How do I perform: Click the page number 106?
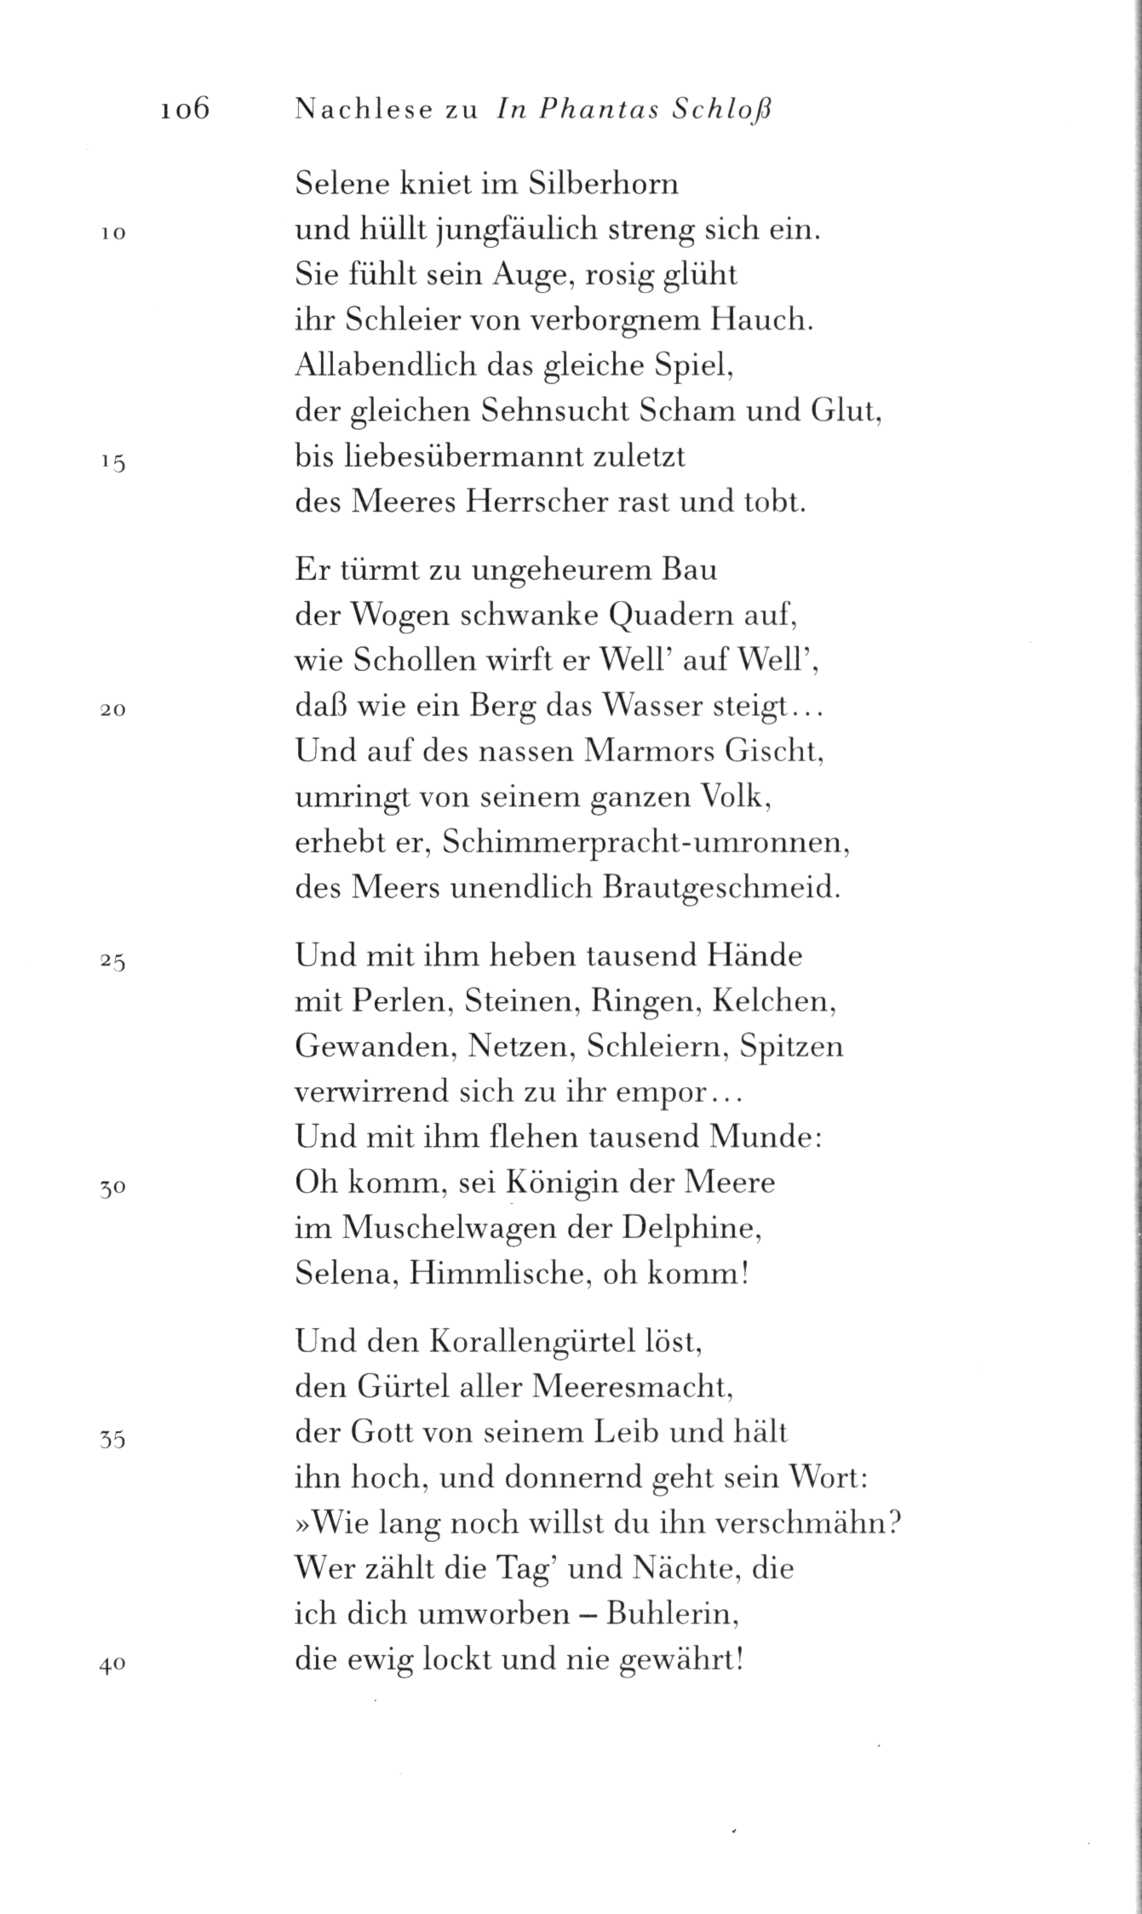coord(184,110)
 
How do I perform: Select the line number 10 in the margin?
coord(113,233)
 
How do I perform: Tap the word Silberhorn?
coord(604,184)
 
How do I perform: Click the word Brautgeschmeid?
coord(720,888)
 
